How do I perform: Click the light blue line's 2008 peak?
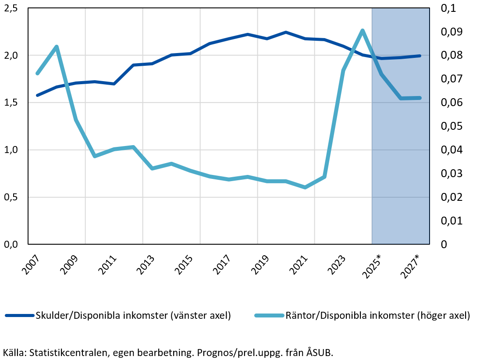pyautogui.click(x=57, y=46)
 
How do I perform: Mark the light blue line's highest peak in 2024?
pyautogui.click(x=363, y=30)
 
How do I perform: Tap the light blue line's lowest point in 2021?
pyautogui.click(x=305, y=187)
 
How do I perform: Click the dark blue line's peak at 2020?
pyautogui.click(x=286, y=32)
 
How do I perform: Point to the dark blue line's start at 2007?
pyautogui.click(x=37, y=95)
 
